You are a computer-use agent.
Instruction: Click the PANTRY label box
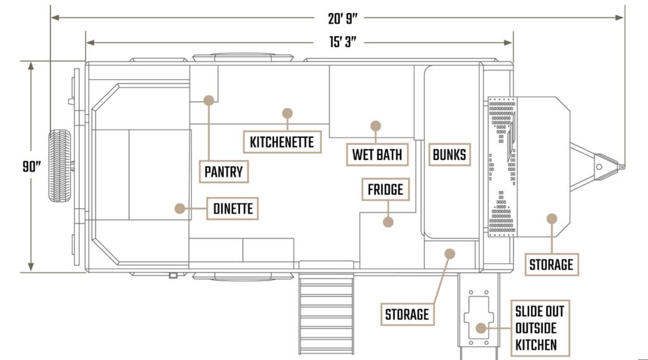[x=223, y=171]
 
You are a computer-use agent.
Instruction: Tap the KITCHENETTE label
[x=282, y=142]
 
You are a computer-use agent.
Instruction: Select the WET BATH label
[x=377, y=154]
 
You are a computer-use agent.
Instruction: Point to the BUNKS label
[x=449, y=154]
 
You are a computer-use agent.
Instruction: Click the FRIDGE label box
[x=385, y=190]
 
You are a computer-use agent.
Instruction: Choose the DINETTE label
[x=233, y=208]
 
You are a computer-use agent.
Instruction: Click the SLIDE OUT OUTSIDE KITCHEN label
[x=540, y=328]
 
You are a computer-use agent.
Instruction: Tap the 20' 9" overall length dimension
[x=342, y=18]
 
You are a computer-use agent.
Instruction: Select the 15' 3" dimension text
[x=342, y=42]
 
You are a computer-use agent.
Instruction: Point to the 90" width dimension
[x=32, y=166]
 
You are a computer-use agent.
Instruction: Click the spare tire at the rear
[x=59, y=166]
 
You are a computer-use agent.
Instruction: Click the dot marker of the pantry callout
[x=209, y=100]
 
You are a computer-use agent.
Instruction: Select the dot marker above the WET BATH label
[x=375, y=126]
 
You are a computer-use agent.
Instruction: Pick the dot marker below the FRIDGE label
[x=388, y=222]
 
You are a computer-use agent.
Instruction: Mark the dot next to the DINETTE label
[x=180, y=208]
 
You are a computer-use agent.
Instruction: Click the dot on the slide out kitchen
[x=481, y=328]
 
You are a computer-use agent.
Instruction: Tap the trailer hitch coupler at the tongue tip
[x=610, y=166]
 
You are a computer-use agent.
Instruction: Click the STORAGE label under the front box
[x=551, y=264]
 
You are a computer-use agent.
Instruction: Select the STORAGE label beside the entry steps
[x=407, y=314]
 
